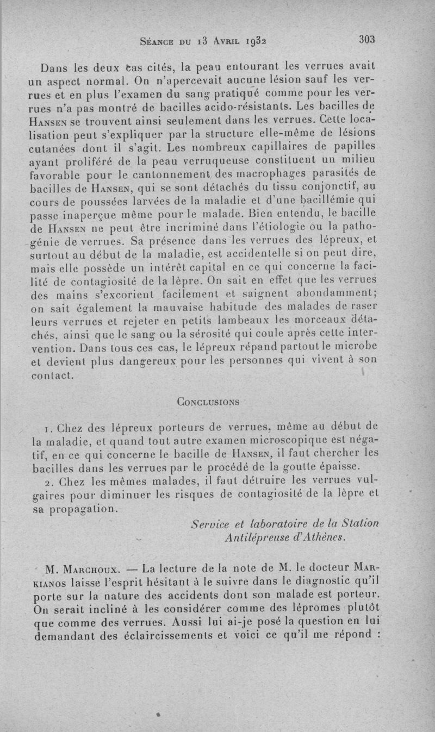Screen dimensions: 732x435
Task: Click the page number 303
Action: pyautogui.click(x=368, y=39)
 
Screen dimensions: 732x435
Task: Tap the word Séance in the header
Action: pyautogui.click(x=157, y=40)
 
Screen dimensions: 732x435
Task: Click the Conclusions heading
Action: pyautogui.click(x=209, y=402)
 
